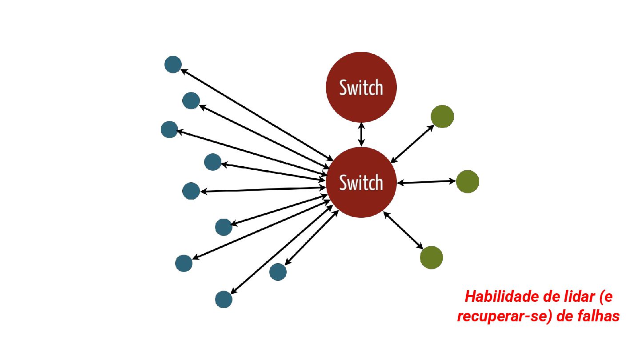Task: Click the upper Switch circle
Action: pyautogui.click(x=361, y=87)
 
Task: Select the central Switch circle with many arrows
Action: pyautogui.click(x=361, y=182)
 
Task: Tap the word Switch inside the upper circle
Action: pyautogui.click(x=361, y=88)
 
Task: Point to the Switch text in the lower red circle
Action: pyautogui.click(x=361, y=183)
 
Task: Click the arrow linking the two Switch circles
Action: pyautogui.click(x=361, y=135)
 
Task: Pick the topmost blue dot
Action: pyautogui.click(x=173, y=64)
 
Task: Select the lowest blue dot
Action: pyautogui.click(x=224, y=299)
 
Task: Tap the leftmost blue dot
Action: pyautogui.click(x=169, y=129)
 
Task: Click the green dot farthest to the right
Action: pyautogui.click(x=467, y=181)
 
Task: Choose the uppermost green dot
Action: pyautogui.click(x=442, y=116)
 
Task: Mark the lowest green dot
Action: pyautogui.click(x=431, y=257)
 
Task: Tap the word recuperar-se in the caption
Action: pyautogui.click(x=500, y=316)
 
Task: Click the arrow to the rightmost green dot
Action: pyautogui.click(x=427, y=182)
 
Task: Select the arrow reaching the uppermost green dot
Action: pyautogui.click(x=412, y=143)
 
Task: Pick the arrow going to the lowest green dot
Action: pyautogui.click(x=403, y=230)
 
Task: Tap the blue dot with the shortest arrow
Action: pyautogui.click(x=278, y=272)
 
